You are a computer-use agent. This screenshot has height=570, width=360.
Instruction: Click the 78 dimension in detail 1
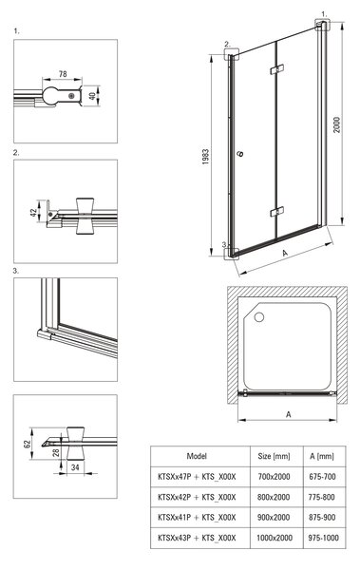[63, 74]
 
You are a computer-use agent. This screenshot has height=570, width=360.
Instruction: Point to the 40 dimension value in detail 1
[92, 96]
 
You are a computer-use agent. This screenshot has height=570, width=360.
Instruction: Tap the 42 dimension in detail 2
[33, 213]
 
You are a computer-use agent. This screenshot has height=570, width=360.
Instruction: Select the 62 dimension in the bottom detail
[28, 444]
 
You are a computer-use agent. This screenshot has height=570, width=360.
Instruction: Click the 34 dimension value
[75, 467]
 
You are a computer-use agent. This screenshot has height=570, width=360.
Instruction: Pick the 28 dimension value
[56, 452]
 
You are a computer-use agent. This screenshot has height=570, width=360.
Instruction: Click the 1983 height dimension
[206, 157]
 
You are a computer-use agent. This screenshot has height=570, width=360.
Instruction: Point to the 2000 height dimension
[337, 124]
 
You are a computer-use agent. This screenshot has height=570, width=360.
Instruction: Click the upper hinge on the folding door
[277, 69]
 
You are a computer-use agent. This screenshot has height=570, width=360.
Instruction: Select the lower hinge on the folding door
[277, 212]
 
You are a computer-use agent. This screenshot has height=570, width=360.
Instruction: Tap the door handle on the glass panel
[240, 154]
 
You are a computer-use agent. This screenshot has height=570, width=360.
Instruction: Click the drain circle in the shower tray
[259, 317]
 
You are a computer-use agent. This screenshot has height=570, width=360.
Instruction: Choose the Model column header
[197, 456]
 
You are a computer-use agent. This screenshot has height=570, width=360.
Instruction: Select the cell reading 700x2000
[274, 476]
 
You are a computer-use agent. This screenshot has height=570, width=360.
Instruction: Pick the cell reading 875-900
[322, 517]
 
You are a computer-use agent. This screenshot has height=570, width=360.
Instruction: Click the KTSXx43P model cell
[197, 538]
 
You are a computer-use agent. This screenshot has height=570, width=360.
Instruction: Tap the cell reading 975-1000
[323, 538]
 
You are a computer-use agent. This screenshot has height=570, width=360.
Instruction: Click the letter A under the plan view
[289, 414]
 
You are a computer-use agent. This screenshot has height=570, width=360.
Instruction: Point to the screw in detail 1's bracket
[71, 96]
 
